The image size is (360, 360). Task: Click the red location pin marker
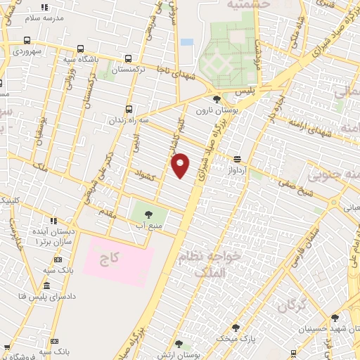(181, 165)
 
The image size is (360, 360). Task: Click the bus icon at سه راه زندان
(128, 109)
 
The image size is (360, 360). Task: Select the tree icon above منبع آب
(148, 213)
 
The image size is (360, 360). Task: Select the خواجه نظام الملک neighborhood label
(210, 264)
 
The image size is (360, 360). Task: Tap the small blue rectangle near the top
(186, 42)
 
